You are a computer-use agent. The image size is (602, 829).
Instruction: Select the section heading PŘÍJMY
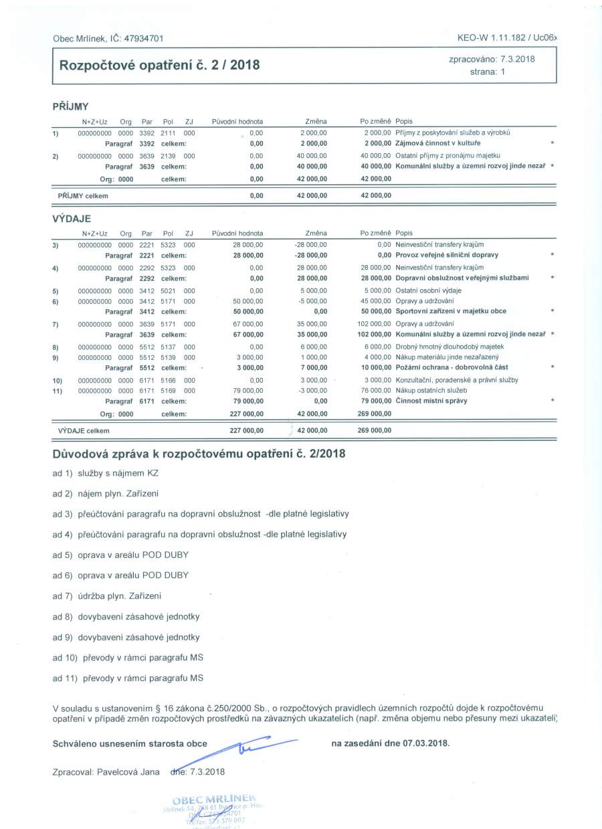tap(70, 106)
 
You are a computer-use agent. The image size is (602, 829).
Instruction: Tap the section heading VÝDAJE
tap(72, 218)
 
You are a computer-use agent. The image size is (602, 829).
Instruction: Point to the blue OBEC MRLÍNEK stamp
tap(214, 810)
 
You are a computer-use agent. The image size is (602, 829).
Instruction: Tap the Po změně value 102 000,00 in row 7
tap(372, 323)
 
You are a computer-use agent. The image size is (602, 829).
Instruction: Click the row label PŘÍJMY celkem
tap(84, 196)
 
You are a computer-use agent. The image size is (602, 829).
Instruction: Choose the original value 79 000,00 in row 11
tap(247, 390)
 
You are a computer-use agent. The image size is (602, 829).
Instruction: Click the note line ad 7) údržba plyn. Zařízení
tap(107, 595)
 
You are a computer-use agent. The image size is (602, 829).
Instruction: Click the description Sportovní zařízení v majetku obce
tap(451, 311)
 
